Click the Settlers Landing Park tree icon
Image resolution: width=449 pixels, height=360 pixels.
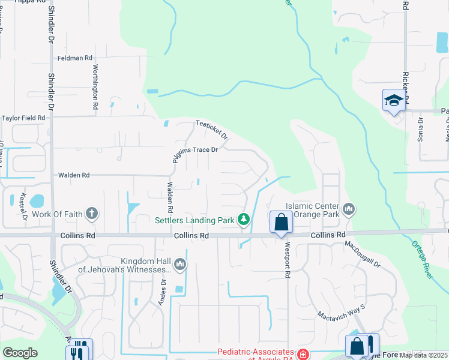(244, 220)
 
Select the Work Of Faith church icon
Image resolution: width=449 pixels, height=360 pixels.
(92, 214)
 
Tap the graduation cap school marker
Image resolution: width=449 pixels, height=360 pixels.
(394, 100)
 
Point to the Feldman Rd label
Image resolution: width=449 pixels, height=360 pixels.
(75, 58)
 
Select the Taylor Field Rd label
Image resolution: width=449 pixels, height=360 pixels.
(23, 118)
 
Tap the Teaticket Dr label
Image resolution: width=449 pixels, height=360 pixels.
(212, 130)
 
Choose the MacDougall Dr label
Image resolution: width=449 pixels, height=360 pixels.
(363, 254)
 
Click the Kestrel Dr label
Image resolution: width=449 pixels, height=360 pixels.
(25, 205)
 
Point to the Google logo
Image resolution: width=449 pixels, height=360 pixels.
(20, 352)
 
